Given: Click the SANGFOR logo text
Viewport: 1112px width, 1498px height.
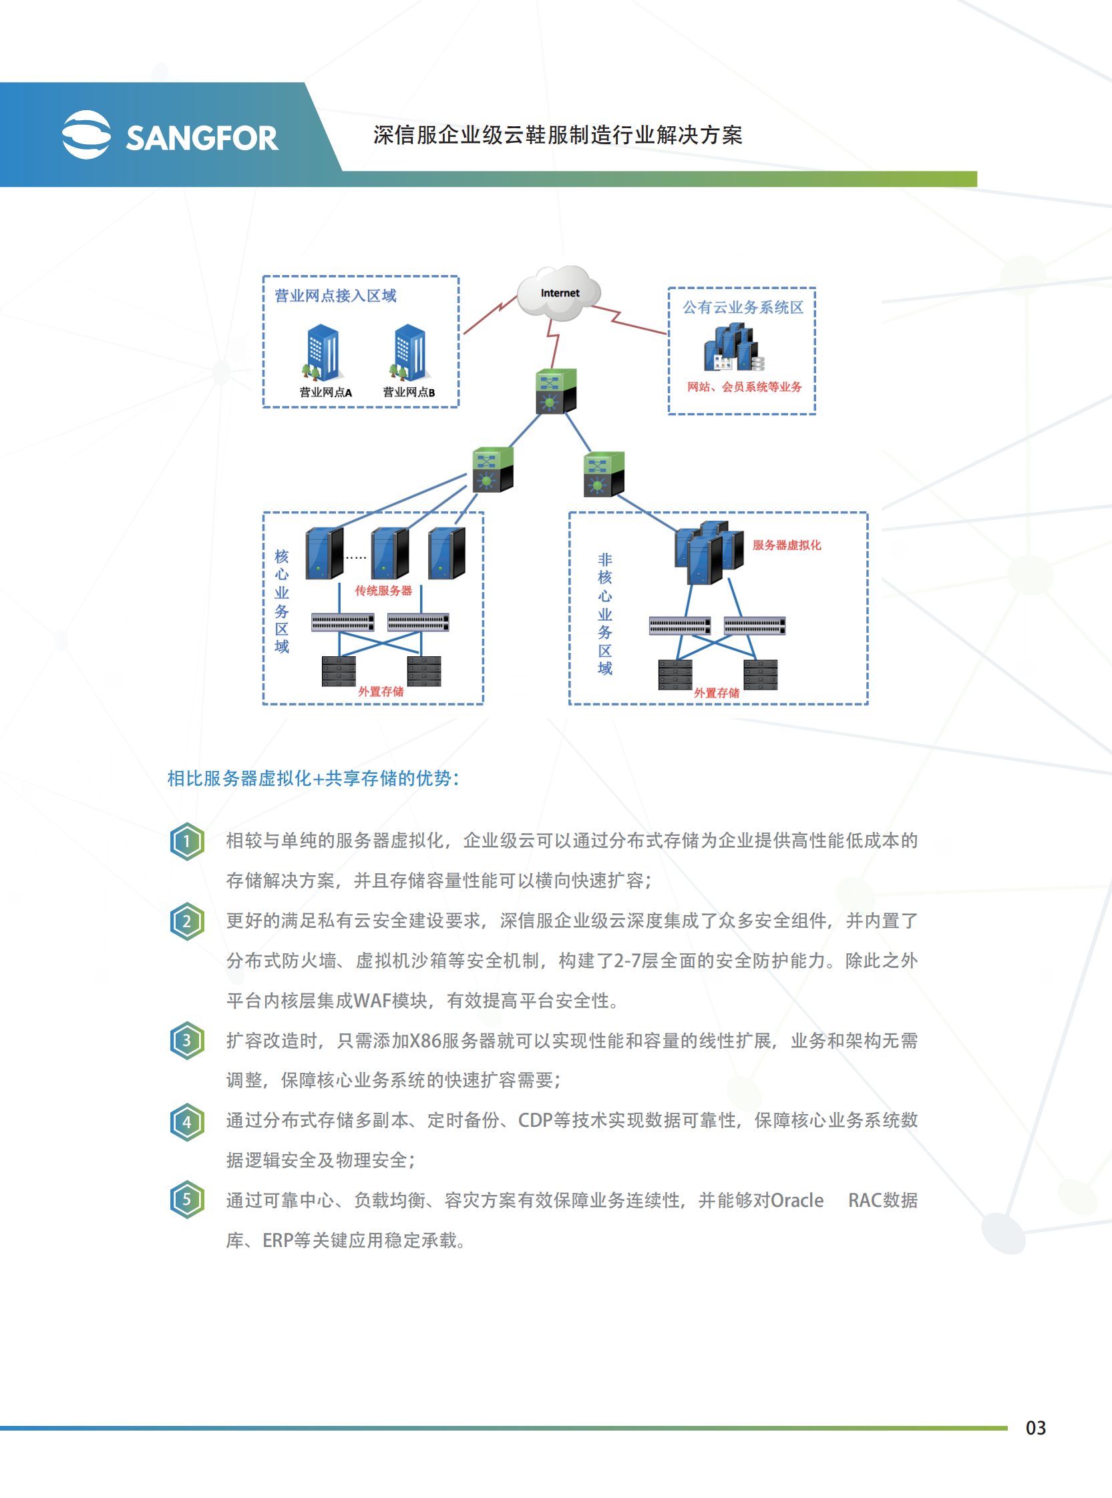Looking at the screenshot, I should pos(201,139).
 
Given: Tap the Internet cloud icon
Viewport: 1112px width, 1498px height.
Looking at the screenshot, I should pos(560,293).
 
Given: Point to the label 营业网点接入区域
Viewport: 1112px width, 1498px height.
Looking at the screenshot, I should pos(335,296).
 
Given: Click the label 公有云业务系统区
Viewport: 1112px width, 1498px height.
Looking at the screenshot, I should pos(743,307).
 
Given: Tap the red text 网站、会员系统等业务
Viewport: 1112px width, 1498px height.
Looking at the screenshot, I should pos(744,387).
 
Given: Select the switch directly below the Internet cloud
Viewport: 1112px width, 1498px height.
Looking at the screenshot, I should pos(556,391).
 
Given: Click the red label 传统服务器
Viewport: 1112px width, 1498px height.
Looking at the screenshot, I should pos(383,591).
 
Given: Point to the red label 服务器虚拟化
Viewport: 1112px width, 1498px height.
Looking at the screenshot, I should pos(786,545).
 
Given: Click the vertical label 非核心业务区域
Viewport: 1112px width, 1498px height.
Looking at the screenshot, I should pos(604,613).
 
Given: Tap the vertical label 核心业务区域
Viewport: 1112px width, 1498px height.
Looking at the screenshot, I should pos(281,601).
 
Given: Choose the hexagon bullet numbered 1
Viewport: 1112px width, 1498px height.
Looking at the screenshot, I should pos(187,841).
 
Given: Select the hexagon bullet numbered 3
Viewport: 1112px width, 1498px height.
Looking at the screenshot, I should pos(187,1041).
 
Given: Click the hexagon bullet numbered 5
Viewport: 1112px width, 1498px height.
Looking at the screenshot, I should pos(187,1200).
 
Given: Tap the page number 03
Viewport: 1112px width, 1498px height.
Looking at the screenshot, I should pos(1035,1427).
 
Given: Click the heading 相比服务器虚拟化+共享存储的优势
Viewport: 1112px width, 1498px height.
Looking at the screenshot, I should pos(313,778).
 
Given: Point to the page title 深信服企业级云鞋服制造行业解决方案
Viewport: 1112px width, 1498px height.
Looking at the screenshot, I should pos(558,136).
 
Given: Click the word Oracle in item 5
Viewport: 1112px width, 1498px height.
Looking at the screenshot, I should pos(796,1200).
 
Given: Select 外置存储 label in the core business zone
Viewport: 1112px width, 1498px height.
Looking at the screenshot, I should pos(380,692).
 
